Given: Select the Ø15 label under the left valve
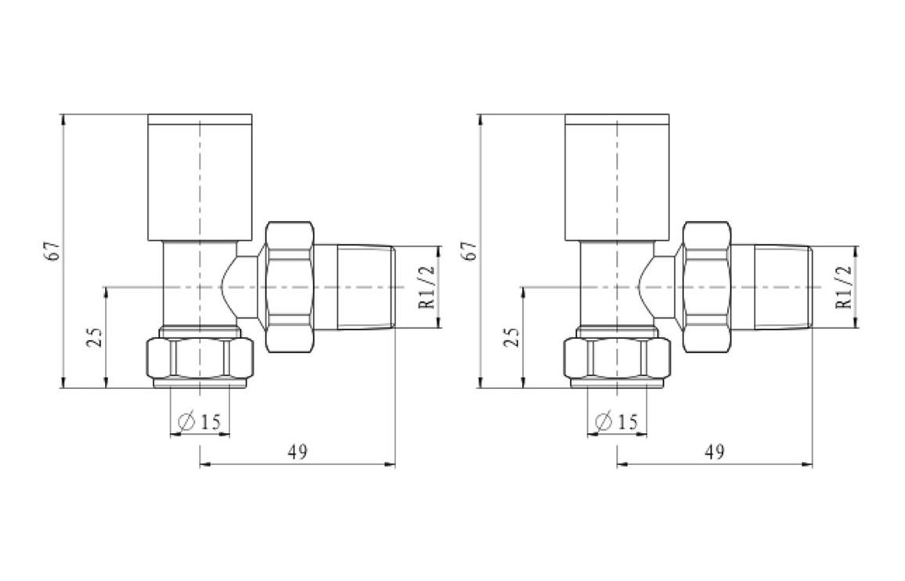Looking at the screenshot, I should click(x=200, y=422).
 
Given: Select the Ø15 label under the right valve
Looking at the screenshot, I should click(x=617, y=422).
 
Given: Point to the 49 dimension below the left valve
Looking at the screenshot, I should click(x=297, y=452).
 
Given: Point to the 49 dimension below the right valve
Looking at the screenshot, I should click(x=714, y=452).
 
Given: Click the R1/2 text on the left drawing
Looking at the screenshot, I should click(x=427, y=287).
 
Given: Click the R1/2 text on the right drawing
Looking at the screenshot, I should click(x=844, y=287).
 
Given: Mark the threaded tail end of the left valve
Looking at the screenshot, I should click(x=366, y=287).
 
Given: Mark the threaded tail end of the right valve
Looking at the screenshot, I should click(x=782, y=287).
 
